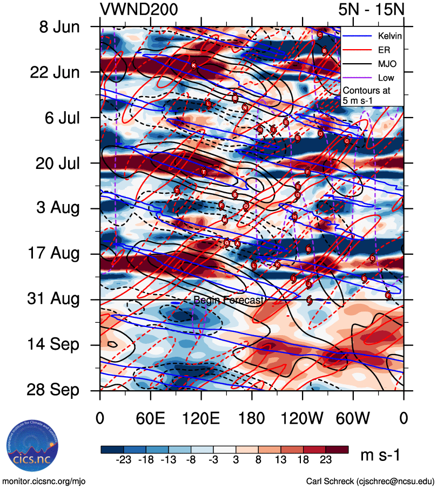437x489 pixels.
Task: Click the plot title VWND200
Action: click(139, 9)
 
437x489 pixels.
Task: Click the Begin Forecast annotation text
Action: click(228, 300)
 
